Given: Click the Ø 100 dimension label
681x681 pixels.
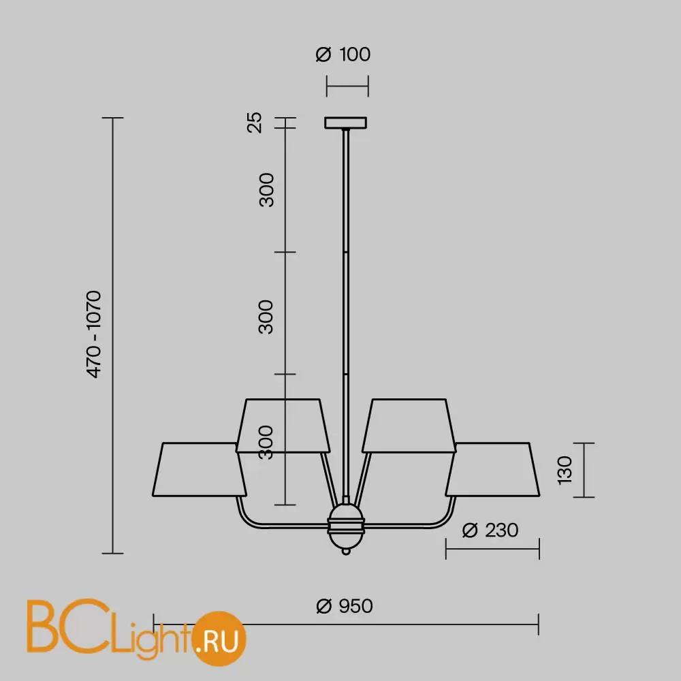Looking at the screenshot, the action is (x=343, y=54).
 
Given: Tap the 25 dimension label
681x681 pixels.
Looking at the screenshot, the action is (x=255, y=123).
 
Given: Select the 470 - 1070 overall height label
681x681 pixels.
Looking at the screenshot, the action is (x=94, y=334).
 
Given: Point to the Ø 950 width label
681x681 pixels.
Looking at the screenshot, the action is (x=345, y=606).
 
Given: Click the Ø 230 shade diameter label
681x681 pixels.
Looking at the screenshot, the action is (x=490, y=530).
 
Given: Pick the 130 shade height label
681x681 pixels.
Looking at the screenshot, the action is (x=565, y=470).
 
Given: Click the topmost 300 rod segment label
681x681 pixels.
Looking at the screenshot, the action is (x=266, y=190).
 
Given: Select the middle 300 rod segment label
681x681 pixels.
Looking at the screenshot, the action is (x=266, y=317).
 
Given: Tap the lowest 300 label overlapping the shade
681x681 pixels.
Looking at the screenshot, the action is (x=266, y=442).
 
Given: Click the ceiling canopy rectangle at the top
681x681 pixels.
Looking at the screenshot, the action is (x=346, y=123).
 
